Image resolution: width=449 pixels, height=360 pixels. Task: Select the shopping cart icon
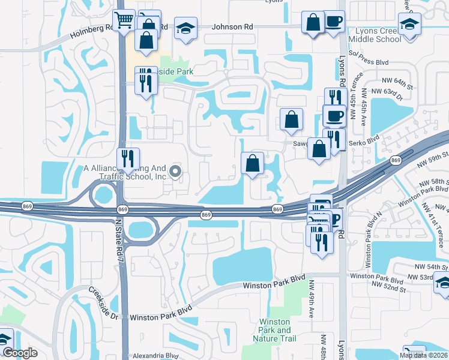pos(124,20)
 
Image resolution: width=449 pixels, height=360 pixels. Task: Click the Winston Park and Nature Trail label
pos(276,331)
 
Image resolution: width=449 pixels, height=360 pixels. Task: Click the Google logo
pos(20,353)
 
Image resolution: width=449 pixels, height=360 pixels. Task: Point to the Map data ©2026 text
pos(424,355)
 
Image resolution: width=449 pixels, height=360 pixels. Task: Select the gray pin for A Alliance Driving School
pos(175,172)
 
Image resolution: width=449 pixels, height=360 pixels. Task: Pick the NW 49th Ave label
pos(311,293)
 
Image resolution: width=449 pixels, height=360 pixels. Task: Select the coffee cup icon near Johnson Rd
pos(334,23)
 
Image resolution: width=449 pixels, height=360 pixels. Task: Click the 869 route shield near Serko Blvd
pos(395,160)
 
